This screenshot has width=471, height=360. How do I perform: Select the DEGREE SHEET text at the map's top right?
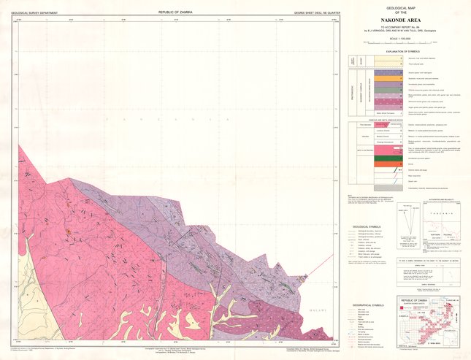point(312,12)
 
